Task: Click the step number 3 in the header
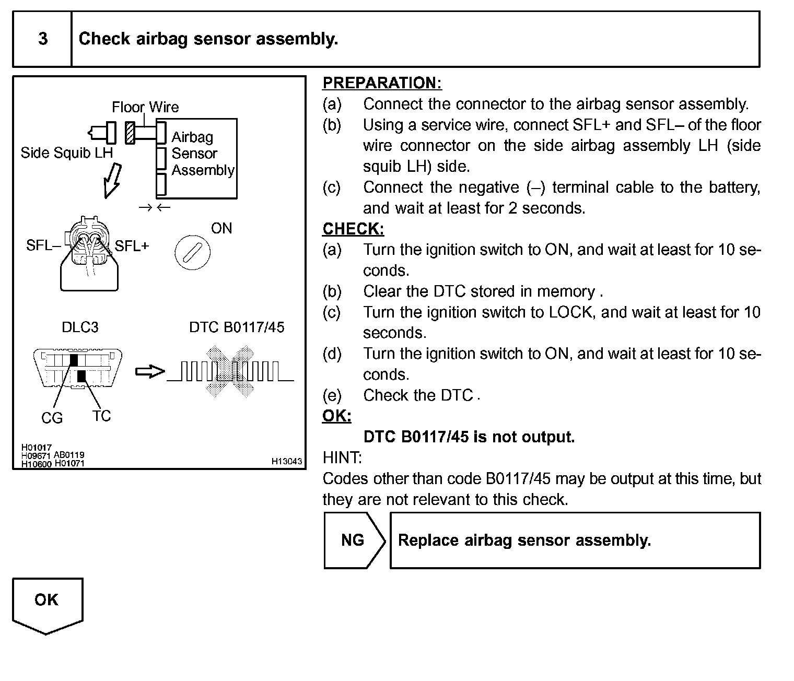[43, 39]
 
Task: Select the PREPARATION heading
[382, 83]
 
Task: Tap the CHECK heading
[353, 229]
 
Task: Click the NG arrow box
[354, 540]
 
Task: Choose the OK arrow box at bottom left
[47, 603]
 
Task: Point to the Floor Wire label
[145, 108]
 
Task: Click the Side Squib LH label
[66, 153]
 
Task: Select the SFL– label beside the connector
[43, 245]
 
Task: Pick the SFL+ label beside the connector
[132, 245]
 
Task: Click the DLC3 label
[80, 327]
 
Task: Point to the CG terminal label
[52, 418]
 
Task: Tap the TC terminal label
[101, 416]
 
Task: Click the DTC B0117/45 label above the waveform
[237, 327]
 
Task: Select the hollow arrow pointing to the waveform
[149, 372]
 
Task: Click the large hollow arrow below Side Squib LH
[112, 181]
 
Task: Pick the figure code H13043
[286, 462]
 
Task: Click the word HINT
[342, 458]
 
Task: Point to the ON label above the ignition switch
[221, 228]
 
